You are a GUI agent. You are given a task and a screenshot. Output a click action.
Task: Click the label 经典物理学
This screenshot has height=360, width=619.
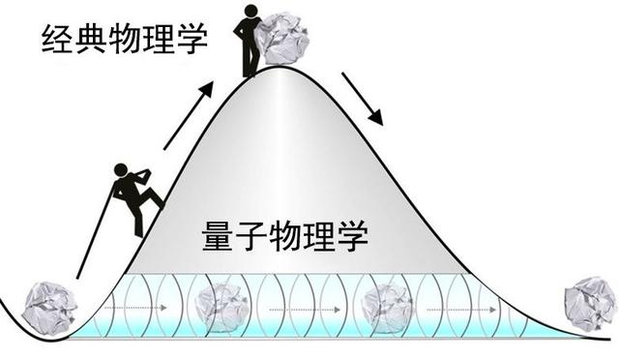point(125,40)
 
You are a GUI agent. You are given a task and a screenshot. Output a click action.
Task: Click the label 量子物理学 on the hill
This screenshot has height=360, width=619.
point(285,235)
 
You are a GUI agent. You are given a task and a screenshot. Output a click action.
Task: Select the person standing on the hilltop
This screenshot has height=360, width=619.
point(251,40)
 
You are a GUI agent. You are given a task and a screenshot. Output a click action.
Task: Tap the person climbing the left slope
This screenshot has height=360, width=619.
point(133,197)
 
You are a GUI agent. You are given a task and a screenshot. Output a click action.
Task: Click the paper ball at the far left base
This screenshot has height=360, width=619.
point(49,309)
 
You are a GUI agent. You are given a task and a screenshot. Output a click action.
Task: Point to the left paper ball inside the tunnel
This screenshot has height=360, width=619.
point(220,308)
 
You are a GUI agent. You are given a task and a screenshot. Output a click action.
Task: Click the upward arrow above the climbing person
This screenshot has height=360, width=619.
point(190,117)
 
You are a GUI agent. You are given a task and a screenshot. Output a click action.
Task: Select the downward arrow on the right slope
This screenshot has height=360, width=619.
point(364,96)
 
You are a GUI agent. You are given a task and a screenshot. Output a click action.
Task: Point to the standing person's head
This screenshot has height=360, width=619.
point(252,12)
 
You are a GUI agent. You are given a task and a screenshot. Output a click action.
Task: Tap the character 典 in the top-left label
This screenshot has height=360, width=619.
point(93,40)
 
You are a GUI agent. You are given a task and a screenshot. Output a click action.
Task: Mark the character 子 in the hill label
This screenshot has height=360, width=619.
point(252,235)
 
